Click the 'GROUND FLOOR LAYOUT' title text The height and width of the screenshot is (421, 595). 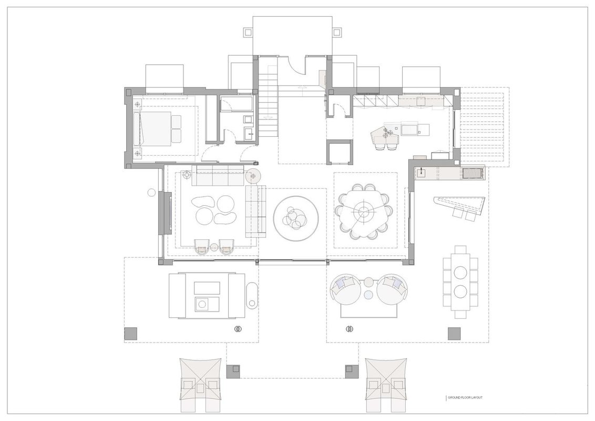465,397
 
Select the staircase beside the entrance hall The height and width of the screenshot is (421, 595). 269,98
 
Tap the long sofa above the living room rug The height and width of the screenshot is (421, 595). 218,176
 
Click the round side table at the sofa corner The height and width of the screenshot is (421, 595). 255,176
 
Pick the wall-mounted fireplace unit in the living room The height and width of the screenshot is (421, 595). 167,213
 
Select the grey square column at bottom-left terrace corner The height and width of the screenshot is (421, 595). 130,334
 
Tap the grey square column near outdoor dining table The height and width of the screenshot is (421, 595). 454,334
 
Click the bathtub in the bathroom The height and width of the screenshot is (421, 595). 237,104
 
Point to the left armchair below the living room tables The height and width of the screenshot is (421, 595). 202,246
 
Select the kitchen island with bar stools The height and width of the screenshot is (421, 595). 400,131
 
